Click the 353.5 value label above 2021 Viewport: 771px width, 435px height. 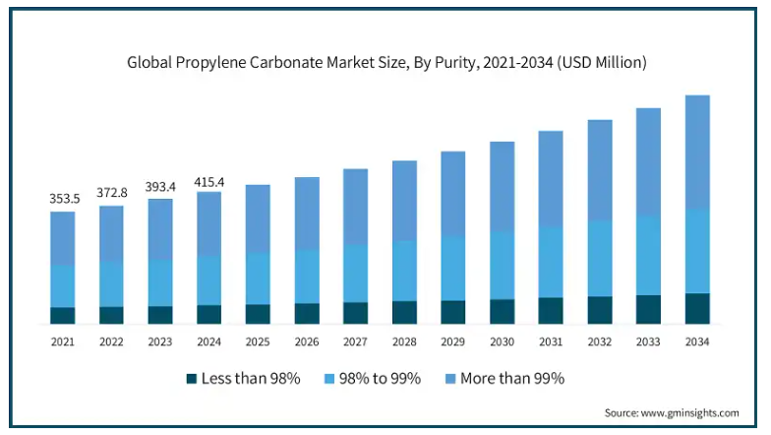point(63,199)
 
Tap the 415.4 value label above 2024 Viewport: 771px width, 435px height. point(209,182)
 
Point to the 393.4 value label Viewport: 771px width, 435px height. point(160,187)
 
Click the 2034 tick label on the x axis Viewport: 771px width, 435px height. point(697,341)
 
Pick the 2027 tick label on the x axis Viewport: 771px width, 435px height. point(355,341)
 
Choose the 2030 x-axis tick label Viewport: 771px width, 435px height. point(502,341)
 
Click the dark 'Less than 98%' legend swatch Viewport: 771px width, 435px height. point(192,378)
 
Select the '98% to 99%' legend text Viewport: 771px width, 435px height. point(381,378)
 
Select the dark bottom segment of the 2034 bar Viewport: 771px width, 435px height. point(697,308)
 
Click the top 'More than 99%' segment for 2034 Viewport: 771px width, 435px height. point(697,152)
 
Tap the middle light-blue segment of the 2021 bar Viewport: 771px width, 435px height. point(63,285)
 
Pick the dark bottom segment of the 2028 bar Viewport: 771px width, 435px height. point(404,312)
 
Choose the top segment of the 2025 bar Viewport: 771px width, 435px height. point(258,218)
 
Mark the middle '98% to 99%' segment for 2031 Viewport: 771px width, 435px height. point(551,262)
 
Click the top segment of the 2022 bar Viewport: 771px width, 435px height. point(112,234)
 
